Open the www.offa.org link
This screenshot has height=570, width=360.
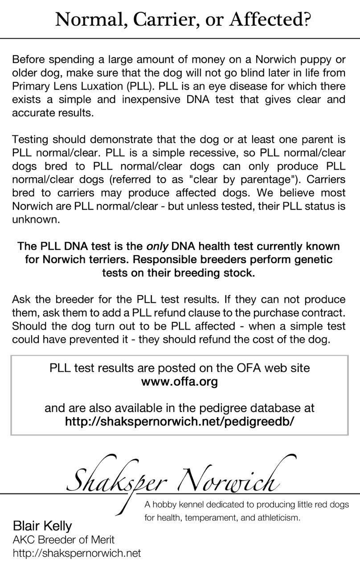[x=180, y=382]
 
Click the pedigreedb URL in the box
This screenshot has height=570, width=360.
[x=180, y=421]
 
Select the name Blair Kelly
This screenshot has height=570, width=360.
[x=42, y=526]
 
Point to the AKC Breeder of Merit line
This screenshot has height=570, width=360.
[x=64, y=540]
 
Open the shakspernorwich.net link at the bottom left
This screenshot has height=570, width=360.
[x=77, y=553]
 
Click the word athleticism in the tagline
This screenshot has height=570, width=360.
[x=276, y=518]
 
